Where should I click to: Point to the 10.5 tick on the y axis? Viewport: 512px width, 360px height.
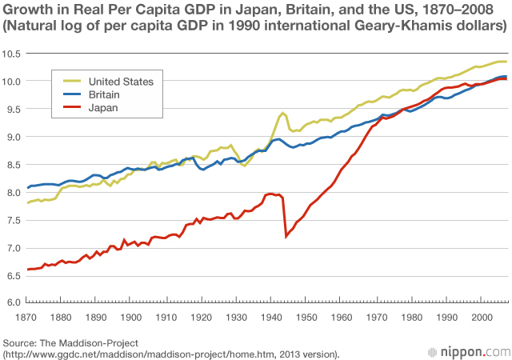(11, 54)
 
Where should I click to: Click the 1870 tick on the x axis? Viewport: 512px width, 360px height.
(28, 318)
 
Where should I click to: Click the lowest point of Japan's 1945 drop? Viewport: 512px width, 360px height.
(286, 236)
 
